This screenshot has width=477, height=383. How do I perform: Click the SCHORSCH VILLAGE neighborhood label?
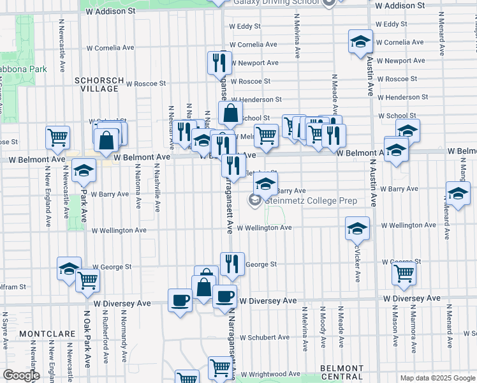(x=96, y=84)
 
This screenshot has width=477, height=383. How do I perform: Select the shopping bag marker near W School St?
(x=230, y=114)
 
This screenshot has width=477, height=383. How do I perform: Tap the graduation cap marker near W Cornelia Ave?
(x=360, y=42)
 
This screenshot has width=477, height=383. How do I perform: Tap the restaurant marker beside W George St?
(x=232, y=264)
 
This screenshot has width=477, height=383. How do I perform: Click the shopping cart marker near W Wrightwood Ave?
(x=220, y=368)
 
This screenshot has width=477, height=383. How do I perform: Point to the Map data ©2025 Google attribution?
(x=437, y=378)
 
